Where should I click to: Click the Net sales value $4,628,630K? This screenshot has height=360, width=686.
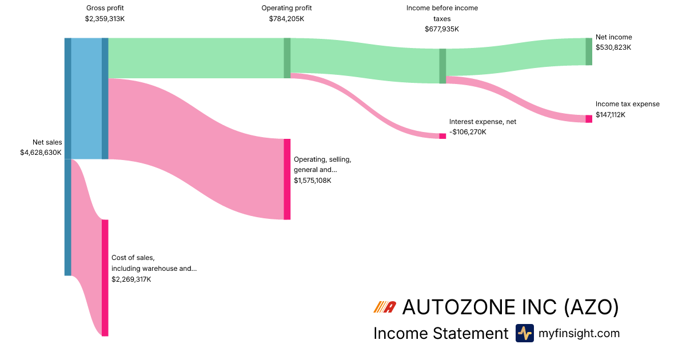point(41,153)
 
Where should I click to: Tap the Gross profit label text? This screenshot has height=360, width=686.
point(105,8)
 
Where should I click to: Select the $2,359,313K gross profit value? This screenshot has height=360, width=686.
point(105,18)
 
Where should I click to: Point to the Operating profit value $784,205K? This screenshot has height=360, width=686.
point(286,18)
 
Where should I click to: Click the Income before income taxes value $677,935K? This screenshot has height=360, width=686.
point(442,29)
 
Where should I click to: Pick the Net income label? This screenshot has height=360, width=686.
point(613,37)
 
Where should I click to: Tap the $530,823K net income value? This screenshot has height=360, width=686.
point(613,47)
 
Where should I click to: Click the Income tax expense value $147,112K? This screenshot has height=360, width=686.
point(611,114)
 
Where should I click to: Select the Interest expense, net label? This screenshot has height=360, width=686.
point(482,122)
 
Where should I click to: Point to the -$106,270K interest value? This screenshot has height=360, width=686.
point(468,132)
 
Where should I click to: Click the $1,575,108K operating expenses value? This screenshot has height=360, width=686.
point(312,181)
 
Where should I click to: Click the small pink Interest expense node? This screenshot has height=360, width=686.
point(442,136)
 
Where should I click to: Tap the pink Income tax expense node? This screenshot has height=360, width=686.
point(589,119)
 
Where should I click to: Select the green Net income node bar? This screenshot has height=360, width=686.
point(589,51)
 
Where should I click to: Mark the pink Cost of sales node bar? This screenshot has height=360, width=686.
point(105,278)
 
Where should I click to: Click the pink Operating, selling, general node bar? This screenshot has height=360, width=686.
point(287,179)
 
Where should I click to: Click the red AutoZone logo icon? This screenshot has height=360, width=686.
point(385,307)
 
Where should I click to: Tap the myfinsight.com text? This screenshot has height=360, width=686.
point(579,333)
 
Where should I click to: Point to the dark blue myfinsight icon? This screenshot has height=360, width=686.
point(524,333)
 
